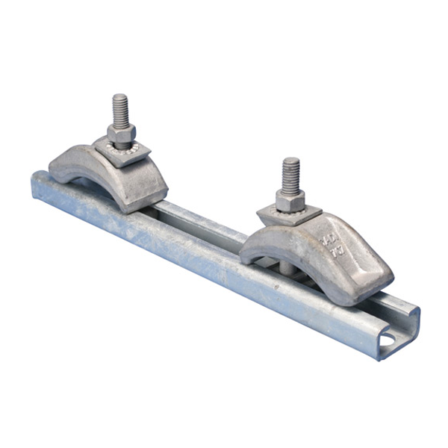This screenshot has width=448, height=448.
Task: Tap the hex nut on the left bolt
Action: pos(121,135)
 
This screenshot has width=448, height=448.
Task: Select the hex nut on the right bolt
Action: pos(290,200)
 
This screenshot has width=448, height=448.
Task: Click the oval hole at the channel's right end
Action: pos(390,340)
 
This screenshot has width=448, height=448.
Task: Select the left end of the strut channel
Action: pos(37,187)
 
